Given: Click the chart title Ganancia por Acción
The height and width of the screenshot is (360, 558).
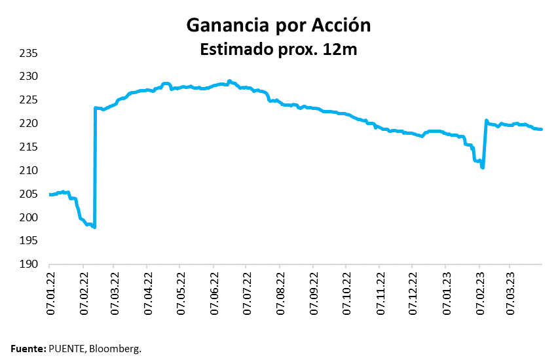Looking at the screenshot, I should (x=278, y=25).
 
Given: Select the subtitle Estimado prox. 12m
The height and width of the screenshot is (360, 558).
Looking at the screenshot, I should (x=278, y=49).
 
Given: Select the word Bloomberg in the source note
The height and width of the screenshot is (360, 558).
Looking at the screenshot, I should (x=117, y=349).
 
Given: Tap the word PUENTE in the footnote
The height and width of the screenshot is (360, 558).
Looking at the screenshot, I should (x=68, y=349).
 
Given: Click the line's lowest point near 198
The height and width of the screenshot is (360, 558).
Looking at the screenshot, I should (x=95, y=227).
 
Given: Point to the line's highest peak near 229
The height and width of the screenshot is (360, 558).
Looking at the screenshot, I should (x=229, y=81).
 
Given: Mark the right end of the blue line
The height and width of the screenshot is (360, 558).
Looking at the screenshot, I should (x=542, y=129).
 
